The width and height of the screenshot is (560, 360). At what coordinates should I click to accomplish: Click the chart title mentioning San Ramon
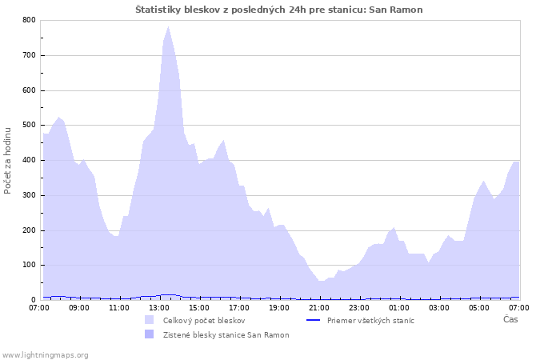click(x=279, y=10)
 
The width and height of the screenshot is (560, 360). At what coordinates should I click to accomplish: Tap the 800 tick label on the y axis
click(x=30, y=20)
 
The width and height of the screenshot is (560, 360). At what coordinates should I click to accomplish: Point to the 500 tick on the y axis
click(x=30, y=125)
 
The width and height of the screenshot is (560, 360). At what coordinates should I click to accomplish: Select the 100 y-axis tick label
click(x=30, y=265)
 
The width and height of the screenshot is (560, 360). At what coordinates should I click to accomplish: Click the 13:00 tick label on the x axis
click(x=159, y=308)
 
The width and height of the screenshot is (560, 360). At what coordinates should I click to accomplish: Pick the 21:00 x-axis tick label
click(x=319, y=308)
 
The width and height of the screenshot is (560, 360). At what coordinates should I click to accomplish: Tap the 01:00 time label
click(x=399, y=308)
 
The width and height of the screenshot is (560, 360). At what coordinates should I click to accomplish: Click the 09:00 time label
click(x=79, y=308)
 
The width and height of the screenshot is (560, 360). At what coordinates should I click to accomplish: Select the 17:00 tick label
click(x=239, y=308)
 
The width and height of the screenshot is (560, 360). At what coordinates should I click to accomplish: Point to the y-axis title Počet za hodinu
click(x=7, y=161)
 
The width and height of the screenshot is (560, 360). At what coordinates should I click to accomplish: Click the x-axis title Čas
click(x=510, y=319)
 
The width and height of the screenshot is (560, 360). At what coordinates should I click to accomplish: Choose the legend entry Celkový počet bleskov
click(x=204, y=321)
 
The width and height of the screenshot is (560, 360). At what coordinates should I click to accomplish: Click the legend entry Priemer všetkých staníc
click(x=370, y=321)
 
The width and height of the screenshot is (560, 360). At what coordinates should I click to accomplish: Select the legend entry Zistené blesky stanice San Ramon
click(x=226, y=335)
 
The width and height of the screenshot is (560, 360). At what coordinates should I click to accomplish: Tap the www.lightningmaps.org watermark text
click(x=45, y=355)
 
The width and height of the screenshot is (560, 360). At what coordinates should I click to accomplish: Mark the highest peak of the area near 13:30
click(x=168, y=26)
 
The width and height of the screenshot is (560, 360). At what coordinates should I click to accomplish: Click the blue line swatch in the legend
click(x=314, y=320)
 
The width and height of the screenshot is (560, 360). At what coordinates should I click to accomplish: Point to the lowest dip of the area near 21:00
click(x=321, y=281)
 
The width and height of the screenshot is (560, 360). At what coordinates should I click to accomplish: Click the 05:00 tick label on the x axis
click(x=479, y=308)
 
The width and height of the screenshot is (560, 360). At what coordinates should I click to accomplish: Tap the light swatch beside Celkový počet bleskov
click(x=150, y=320)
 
